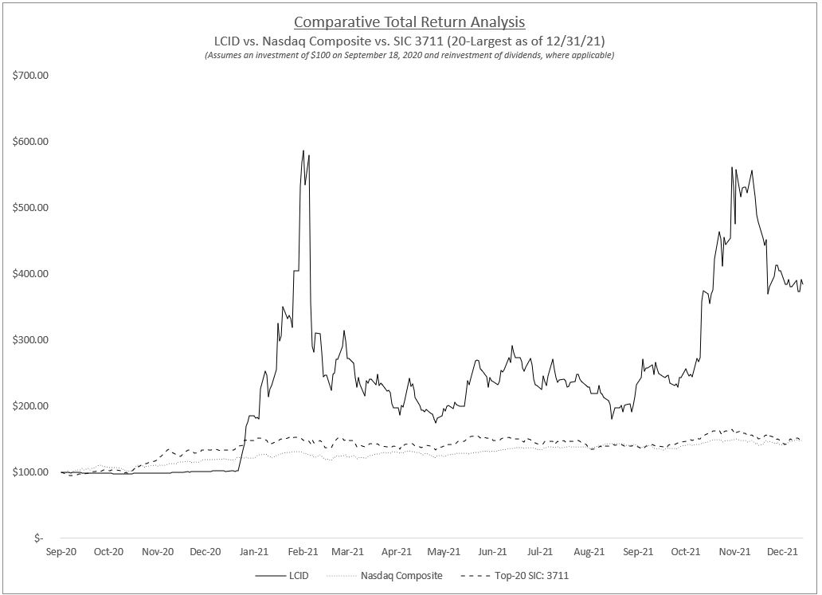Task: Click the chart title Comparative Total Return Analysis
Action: pyautogui.click(x=409, y=22)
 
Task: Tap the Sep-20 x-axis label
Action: pyautogui.click(x=61, y=551)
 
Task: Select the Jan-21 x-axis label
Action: pyautogui.click(x=254, y=551)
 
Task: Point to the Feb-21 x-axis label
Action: pyautogui.click(x=303, y=551)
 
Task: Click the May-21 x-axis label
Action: pyautogui.click(x=444, y=551)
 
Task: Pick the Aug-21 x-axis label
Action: pyautogui.click(x=589, y=551)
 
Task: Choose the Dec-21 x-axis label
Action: pyautogui.click(x=783, y=551)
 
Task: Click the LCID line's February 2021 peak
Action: pyautogui.click(x=303, y=151)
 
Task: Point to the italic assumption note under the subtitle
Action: pyautogui.click(x=409, y=55)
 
